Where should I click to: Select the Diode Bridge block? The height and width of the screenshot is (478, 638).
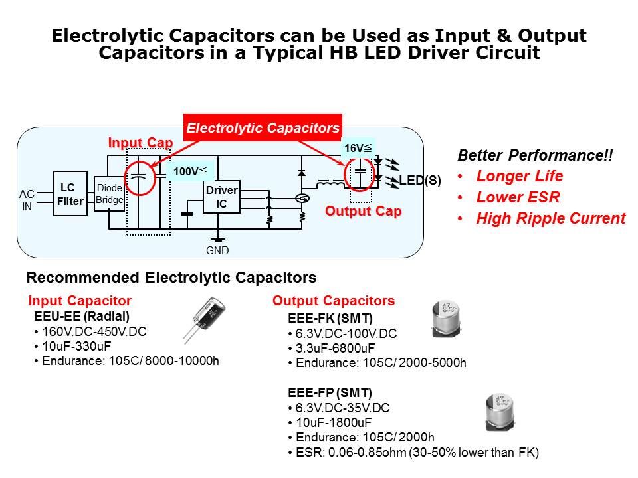click(109, 194)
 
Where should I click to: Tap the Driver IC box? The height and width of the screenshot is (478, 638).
click(221, 198)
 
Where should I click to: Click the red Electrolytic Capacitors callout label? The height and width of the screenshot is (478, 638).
click(263, 128)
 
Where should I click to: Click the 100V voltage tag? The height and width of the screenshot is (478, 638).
click(190, 172)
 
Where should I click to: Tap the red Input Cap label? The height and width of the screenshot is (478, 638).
click(140, 143)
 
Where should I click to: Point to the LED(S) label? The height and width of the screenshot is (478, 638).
click(420, 180)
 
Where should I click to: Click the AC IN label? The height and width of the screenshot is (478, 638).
click(27, 200)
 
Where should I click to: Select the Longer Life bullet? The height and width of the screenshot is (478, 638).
click(519, 177)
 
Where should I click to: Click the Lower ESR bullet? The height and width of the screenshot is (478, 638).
click(518, 197)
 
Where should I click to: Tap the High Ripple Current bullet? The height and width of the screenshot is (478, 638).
click(550, 218)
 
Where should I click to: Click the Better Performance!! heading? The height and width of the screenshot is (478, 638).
click(535, 156)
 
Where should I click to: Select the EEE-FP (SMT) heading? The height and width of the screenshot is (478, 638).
click(330, 392)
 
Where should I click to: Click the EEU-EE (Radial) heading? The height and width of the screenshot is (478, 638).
click(82, 316)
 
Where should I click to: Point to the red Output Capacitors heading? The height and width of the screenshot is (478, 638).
click(334, 301)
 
